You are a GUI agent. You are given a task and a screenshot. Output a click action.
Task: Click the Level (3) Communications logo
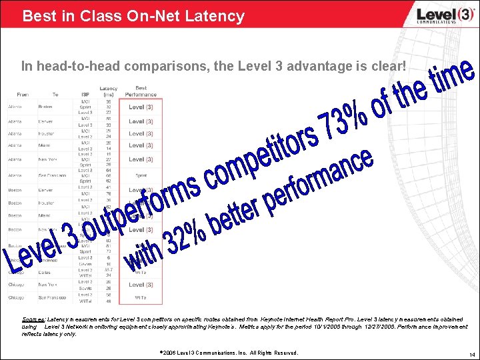pos(436,15)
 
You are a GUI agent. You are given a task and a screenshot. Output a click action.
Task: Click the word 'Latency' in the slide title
pos(215,15)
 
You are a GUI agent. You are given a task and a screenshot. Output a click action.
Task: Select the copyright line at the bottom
pos(229,352)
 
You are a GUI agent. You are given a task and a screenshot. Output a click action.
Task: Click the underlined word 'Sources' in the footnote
pos(34,319)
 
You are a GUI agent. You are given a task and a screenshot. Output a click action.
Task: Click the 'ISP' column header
pos(85,95)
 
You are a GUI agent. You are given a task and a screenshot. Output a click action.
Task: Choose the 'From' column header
pos(23,95)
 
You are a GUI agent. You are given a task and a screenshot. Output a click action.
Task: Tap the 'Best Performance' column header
pos(141,91)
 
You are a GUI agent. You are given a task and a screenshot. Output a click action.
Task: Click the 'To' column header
pos(55,95)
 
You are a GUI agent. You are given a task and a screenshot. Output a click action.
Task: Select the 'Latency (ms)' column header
pos(108,91)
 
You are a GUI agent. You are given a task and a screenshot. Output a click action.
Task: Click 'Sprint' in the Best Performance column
pos(140,176)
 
